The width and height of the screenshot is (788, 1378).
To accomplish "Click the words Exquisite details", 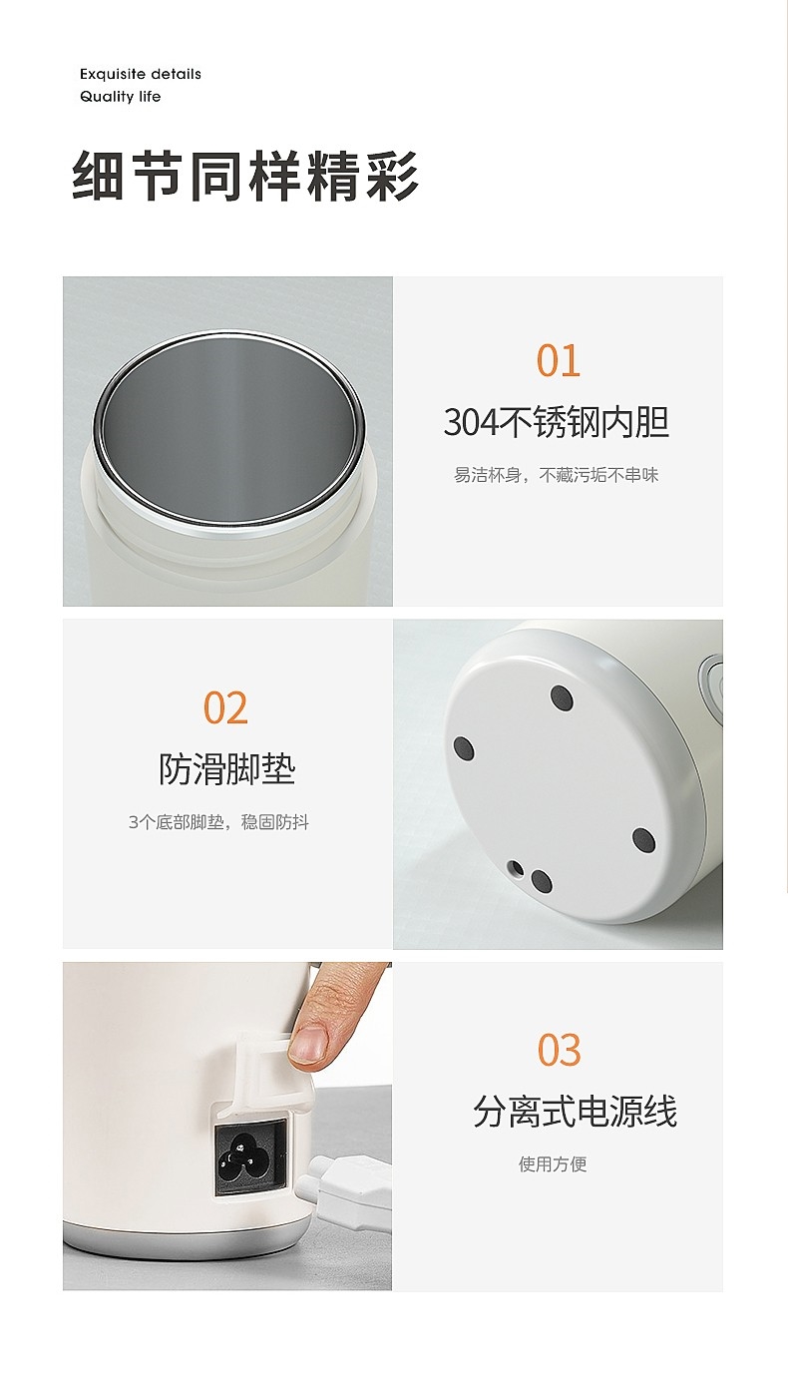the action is [141, 74].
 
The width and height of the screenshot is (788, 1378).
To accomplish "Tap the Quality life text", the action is [120, 97].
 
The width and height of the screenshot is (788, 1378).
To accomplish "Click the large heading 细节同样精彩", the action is [245, 176].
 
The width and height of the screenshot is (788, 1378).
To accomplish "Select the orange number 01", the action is [558, 360].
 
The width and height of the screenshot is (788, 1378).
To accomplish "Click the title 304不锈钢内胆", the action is [557, 422].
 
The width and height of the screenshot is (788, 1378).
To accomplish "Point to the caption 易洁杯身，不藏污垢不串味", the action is [557, 475].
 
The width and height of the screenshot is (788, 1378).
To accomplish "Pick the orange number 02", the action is [225, 707].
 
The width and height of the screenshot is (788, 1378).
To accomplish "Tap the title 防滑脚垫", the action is [227, 769].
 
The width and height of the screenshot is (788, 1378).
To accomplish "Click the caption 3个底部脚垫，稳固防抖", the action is [218, 822].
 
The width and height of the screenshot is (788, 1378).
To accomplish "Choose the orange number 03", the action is [559, 1050].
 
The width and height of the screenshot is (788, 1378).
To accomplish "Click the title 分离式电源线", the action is [575, 1111].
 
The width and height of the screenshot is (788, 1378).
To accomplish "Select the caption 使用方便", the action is [553, 1163].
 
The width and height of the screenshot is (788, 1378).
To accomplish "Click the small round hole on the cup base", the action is [517, 868].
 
